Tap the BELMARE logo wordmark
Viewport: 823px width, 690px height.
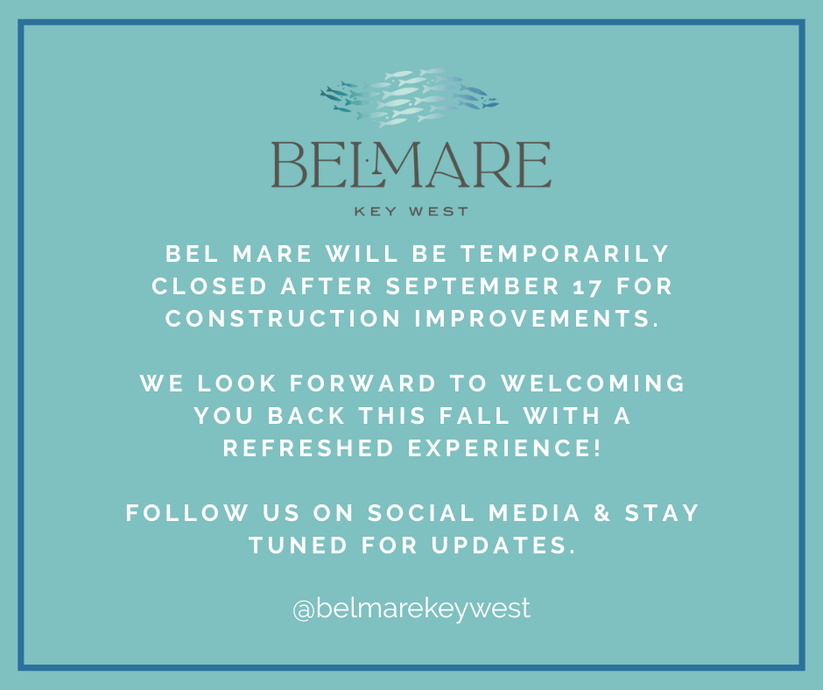(411, 165)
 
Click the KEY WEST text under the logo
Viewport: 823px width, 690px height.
(411, 211)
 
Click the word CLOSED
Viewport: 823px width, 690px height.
(208, 287)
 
